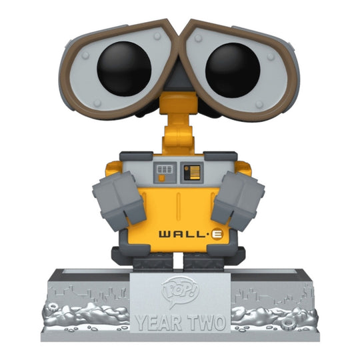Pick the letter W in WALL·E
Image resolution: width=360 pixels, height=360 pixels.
point(163,234)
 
